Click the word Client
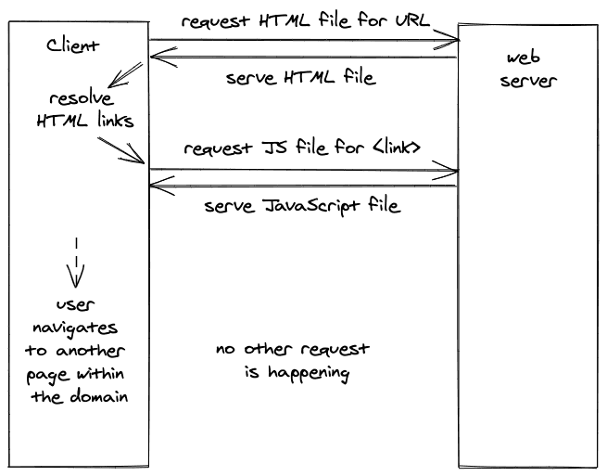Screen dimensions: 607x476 (73, 45)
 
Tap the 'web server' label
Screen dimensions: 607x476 (527, 70)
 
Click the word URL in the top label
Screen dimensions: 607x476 (412, 19)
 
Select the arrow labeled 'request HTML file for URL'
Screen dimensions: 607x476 (304, 40)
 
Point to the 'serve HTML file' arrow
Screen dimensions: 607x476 (304, 58)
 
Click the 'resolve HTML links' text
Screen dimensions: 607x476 (85, 109)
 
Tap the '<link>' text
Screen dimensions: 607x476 (397, 148)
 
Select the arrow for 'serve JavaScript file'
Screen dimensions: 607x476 (304, 186)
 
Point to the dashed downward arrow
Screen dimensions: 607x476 (76, 263)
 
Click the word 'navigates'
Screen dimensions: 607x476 (75, 328)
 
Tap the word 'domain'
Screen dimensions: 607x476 (99, 396)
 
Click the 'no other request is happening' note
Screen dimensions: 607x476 (293, 361)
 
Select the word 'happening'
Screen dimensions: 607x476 (309, 373)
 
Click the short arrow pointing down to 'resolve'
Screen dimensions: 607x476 (125, 75)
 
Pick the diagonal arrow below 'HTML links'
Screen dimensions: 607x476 (121, 150)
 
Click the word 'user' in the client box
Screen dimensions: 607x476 (75, 304)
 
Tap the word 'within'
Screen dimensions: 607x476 (100, 373)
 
